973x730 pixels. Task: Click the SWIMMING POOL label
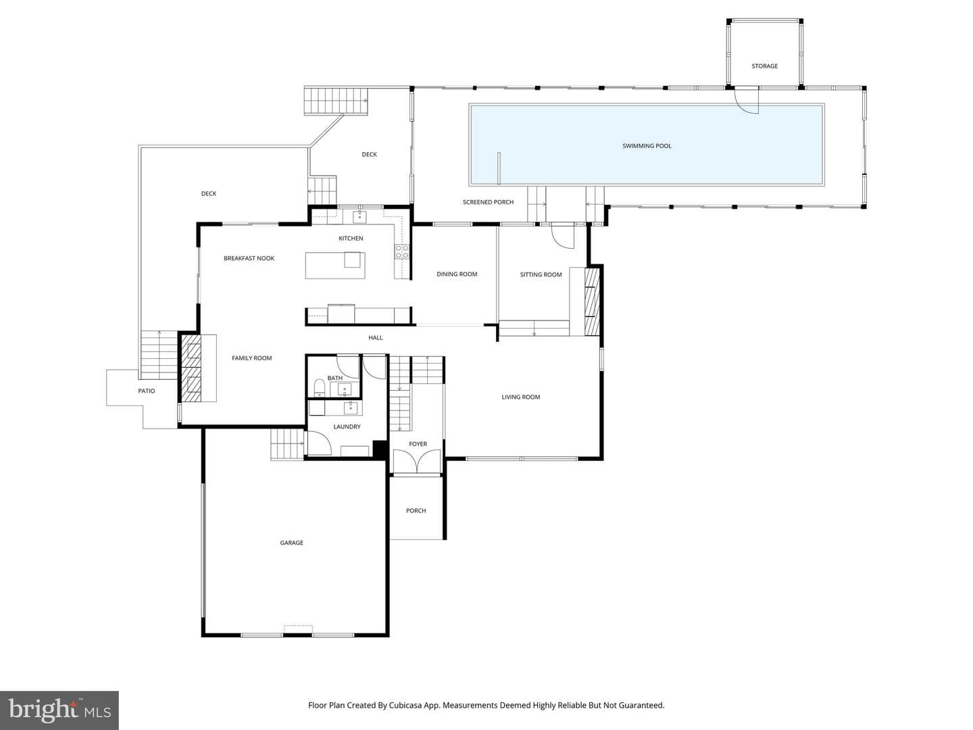[x=647, y=146]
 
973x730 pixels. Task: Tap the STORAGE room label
[x=764, y=66]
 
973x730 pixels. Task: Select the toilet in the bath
[x=319, y=387]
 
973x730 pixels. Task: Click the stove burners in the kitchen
[x=401, y=251]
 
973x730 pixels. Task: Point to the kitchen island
[x=335, y=265]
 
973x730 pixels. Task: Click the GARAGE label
[x=291, y=543]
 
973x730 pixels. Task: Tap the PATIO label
[x=146, y=391]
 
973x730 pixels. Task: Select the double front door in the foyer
[x=417, y=462]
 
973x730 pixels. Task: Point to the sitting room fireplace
[x=592, y=302]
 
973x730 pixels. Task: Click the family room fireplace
[x=191, y=368]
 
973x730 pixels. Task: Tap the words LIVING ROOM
[x=520, y=397]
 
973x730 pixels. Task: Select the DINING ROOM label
[x=457, y=274]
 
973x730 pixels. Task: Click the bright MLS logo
[x=59, y=710]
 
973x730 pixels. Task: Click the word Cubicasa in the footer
[x=405, y=705]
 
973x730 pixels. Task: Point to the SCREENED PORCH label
[x=488, y=202]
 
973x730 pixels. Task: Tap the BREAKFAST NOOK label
[x=249, y=258]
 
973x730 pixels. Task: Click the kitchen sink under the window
[x=359, y=216]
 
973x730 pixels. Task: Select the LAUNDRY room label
[x=347, y=427]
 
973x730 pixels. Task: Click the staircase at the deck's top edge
[x=336, y=101]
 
